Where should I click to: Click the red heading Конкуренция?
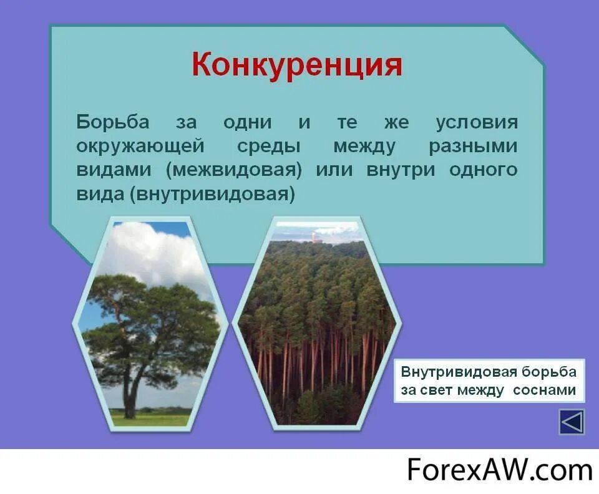coord(296,65)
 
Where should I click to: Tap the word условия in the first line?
coord(476,122)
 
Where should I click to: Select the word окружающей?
coord(140,147)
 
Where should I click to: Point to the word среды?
coord(269,147)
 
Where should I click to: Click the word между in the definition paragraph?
coord(364,147)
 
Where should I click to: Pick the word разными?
coord(473,147)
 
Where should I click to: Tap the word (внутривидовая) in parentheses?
coord(212,194)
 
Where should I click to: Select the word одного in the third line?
coord(483,170)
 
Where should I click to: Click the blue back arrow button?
coord(572,422)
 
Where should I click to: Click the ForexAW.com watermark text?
coord(499,469)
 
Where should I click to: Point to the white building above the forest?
coord(314,237)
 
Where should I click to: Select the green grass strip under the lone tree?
coord(150,419)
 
